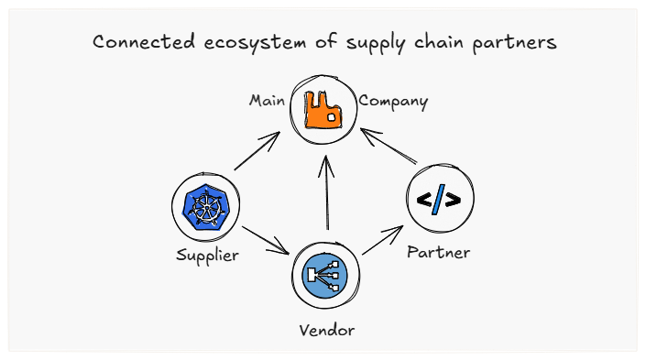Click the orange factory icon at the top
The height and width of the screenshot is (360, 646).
click(x=323, y=109)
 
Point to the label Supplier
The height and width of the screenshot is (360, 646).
click(x=207, y=255)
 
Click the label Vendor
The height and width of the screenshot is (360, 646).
click(x=326, y=329)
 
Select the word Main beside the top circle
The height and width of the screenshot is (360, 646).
click(x=267, y=100)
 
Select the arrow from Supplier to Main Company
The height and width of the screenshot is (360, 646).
click(x=257, y=151)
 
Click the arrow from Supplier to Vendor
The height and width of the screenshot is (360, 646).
click(x=266, y=240)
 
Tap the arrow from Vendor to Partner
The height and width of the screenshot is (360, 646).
click(x=382, y=241)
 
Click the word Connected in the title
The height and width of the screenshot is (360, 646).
click(x=141, y=43)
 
